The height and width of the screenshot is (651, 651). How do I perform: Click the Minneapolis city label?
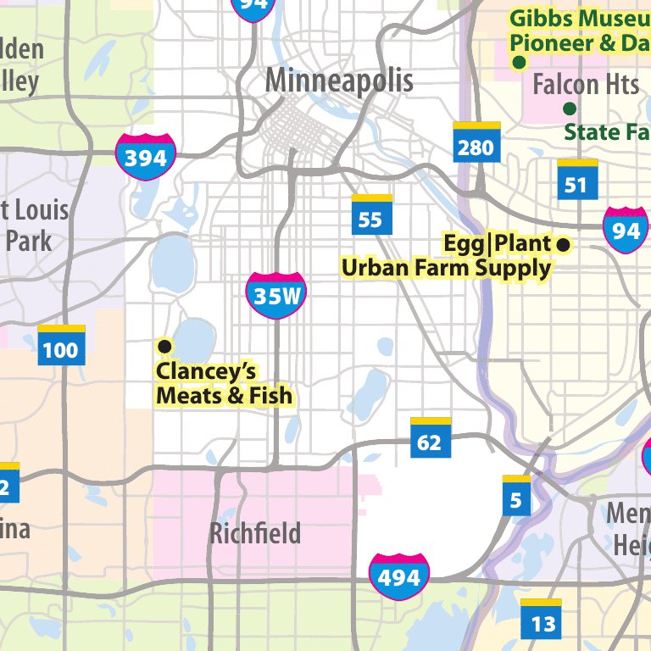tap(339, 81)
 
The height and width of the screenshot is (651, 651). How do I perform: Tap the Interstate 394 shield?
tap(146, 157)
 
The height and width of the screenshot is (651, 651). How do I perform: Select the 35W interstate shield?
tap(276, 296)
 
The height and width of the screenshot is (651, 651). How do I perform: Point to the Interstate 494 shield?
tap(398, 577)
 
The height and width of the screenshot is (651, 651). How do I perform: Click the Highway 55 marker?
tap(371, 216)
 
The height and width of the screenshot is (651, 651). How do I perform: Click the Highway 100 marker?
tap(61, 346)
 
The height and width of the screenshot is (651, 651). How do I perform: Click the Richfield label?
tap(255, 534)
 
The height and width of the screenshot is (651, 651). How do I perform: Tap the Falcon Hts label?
tap(586, 85)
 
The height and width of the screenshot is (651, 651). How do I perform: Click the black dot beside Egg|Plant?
tap(563, 245)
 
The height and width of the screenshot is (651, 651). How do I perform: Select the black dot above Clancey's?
tap(165, 346)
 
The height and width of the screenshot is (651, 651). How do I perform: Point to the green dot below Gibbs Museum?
tap(519, 62)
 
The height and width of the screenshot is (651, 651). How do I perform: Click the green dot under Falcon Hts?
tap(570, 108)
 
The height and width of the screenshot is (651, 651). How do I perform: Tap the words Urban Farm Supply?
tap(446, 269)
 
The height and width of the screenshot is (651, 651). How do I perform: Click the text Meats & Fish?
tap(225, 396)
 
